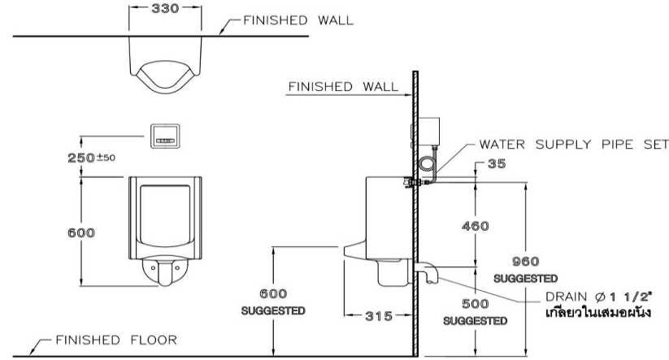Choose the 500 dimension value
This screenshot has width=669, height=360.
coord(476,305)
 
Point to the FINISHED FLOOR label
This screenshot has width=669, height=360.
coord(111,340)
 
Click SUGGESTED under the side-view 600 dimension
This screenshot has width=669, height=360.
coord(273,310)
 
